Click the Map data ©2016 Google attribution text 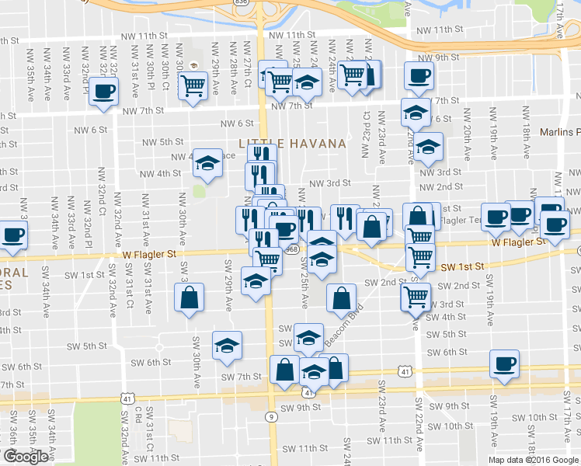(534, 460)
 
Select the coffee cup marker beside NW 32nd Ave (103, 92)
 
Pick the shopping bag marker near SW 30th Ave (189, 297)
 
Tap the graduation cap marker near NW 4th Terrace (207, 162)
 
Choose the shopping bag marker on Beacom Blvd (341, 297)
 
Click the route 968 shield (291, 249)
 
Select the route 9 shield (270, 416)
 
